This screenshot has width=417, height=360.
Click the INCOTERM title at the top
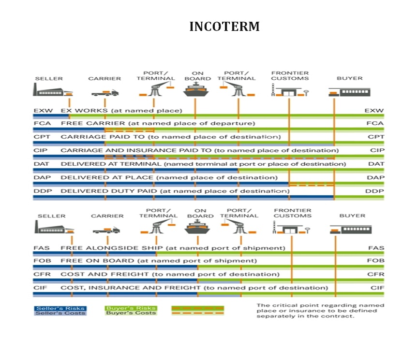224,27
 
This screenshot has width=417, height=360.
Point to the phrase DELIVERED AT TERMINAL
111,164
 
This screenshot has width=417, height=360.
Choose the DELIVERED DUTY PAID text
109,191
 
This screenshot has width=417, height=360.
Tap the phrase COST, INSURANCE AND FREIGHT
130,288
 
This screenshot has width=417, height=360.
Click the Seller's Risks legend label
60,308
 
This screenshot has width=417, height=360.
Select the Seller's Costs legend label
60,313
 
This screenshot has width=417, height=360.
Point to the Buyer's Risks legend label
131,308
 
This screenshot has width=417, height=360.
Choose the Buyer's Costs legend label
131,313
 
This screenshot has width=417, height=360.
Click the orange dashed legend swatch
198,310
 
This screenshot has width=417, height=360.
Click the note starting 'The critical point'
320,311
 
